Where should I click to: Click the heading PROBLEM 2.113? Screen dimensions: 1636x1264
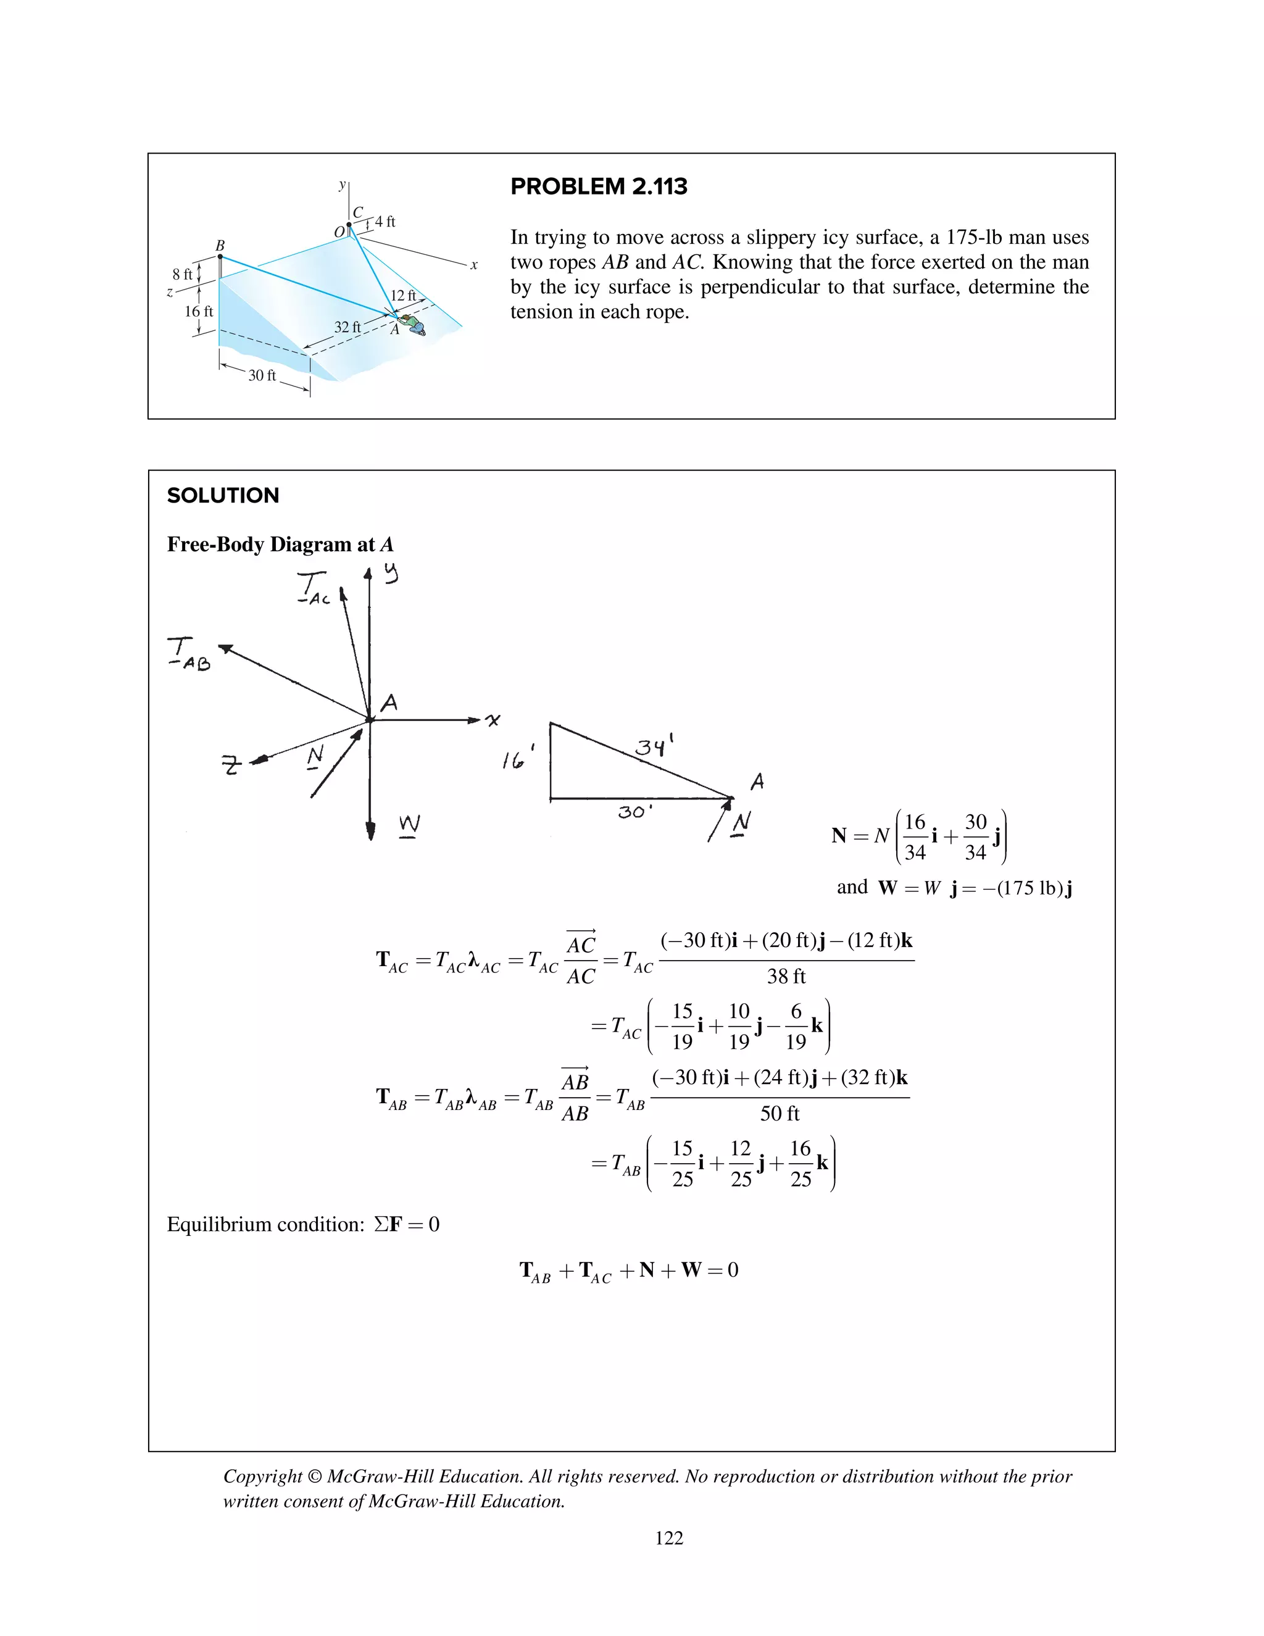click(598, 186)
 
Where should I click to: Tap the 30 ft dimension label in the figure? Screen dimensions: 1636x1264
click(262, 375)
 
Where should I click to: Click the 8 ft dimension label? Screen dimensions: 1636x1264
click(182, 274)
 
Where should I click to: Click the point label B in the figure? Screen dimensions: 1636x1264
click(220, 246)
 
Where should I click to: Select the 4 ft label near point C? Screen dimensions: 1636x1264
click(385, 222)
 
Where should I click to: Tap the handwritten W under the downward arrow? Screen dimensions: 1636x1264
click(409, 825)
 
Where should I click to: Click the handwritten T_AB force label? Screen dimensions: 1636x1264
click(188, 653)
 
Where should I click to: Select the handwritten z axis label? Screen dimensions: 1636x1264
click(233, 766)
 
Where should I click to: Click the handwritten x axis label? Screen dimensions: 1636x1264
click(492, 720)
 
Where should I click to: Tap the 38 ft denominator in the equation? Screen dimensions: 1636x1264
click(786, 977)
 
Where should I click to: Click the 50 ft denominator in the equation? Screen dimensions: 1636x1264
click(780, 1114)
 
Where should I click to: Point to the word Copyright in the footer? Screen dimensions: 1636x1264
click(263, 1477)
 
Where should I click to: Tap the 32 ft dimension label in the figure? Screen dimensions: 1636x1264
click(347, 327)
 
